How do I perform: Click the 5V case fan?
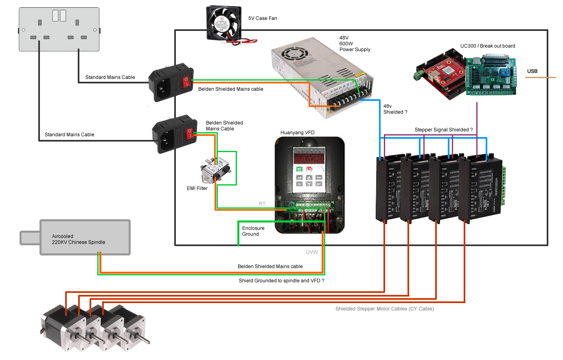(x=224, y=23)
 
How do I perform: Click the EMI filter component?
(x=216, y=171)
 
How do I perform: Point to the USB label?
(x=532, y=71)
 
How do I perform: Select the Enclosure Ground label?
(x=253, y=231)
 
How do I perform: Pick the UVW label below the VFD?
(x=312, y=252)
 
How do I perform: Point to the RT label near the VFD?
(x=262, y=204)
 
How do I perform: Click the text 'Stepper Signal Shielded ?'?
(x=443, y=130)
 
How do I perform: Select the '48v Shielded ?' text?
(x=395, y=109)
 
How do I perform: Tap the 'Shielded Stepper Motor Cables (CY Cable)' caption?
(x=384, y=309)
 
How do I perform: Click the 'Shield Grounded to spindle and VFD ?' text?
(x=281, y=281)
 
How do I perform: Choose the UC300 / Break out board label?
(x=487, y=46)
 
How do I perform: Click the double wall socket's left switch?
(x=56, y=15)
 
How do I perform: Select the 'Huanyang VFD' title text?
(x=297, y=133)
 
